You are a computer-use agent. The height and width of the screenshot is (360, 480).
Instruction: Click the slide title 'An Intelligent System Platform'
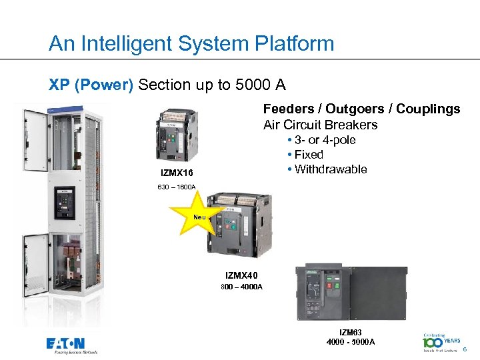click(191, 44)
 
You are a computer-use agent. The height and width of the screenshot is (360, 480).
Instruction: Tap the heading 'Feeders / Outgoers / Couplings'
click(361, 109)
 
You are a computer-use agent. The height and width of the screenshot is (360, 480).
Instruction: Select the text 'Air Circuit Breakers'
click(320, 125)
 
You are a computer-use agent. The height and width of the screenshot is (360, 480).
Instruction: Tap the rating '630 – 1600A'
click(177, 188)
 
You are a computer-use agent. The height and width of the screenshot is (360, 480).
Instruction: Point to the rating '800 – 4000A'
click(242, 287)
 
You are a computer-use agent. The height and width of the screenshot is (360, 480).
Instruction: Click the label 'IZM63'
click(351, 331)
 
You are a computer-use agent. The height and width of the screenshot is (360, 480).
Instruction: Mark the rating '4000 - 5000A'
click(351, 342)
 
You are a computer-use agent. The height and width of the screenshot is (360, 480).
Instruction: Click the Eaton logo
click(71, 345)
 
